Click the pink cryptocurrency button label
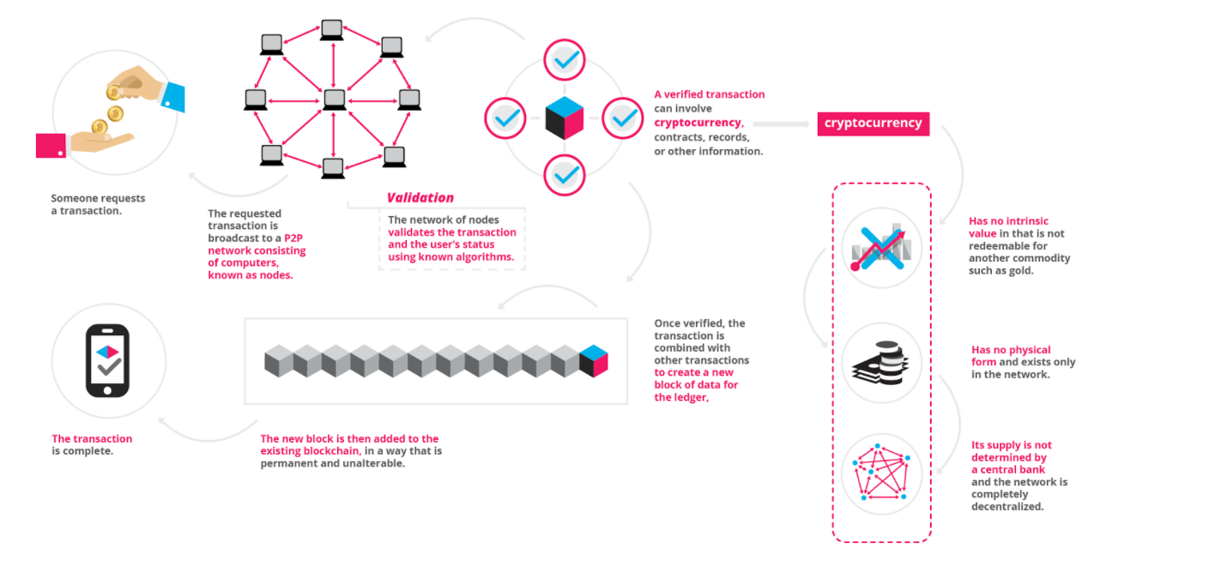click(873, 123)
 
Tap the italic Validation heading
click(420, 198)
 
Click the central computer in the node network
click(334, 100)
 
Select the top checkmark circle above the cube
click(564, 60)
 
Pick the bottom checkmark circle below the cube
click(564, 175)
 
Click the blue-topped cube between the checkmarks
click(564, 117)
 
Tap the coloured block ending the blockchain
click(594, 360)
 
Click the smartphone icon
click(107, 360)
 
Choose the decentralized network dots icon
click(881, 473)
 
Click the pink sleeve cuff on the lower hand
click(51, 145)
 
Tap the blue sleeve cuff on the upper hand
click(173, 97)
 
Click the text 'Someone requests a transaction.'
click(98, 204)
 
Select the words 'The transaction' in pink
click(92, 438)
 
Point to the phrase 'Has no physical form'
click(1011, 356)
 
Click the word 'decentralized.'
click(1007, 506)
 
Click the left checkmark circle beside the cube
click(505, 118)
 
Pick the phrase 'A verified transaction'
click(709, 94)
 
